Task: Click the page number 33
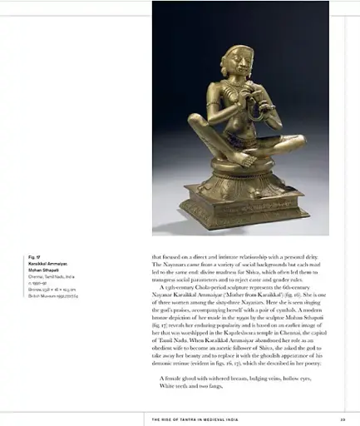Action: [331, 419]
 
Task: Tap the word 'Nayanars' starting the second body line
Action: [166, 265]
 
